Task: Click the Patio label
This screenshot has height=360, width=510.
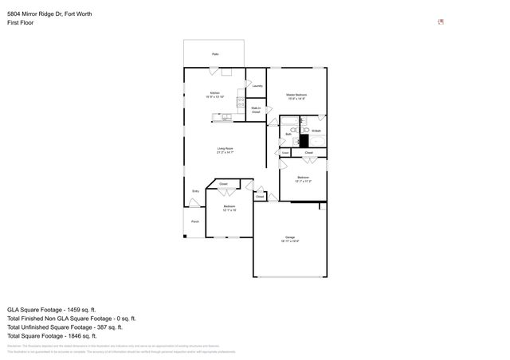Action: (215, 54)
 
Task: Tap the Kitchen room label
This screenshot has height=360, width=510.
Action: (215, 95)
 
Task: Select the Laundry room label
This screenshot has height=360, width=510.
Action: (257, 86)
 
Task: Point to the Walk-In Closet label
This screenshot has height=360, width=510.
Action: (256, 110)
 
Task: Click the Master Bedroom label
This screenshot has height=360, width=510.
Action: (296, 96)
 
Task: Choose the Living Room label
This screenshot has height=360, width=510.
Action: (226, 150)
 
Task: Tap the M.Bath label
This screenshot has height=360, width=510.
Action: (316, 131)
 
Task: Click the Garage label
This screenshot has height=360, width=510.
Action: (290, 239)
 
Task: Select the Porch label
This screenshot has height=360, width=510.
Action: (194, 221)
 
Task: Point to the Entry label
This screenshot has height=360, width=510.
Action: (195, 191)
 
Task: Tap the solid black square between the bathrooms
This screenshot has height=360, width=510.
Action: (304, 139)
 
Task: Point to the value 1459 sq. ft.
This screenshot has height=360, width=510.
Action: (81, 309)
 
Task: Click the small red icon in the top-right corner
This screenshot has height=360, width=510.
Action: (441, 22)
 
